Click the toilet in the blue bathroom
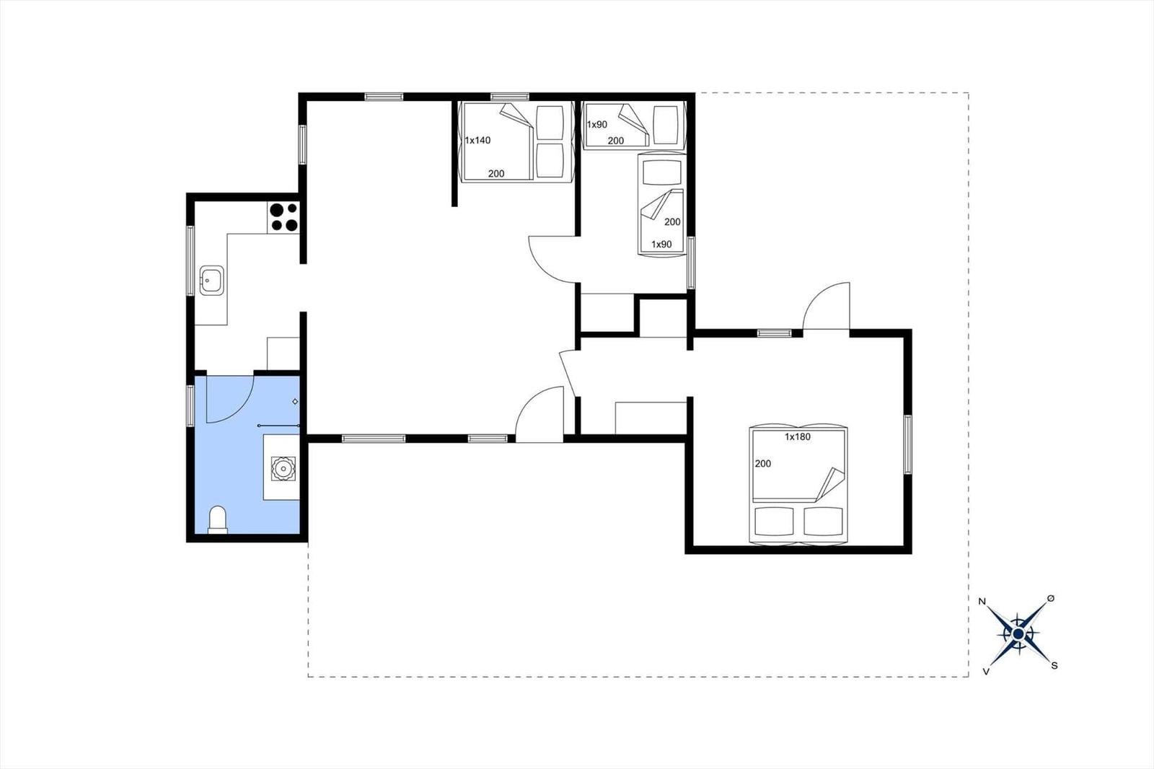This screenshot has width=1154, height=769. (x=218, y=519)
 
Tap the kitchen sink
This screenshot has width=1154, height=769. (x=212, y=281)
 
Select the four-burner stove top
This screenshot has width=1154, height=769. (x=283, y=217)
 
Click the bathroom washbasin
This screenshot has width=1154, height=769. (x=283, y=468)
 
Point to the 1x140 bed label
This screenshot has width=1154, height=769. (x=477, y=140)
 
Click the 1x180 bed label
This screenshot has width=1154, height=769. (x=798, y=436)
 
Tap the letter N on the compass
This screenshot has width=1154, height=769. (x=982, y=602)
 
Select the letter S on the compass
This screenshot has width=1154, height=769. (x=1054, y=665)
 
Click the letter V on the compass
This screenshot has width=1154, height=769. (x=986, y=672)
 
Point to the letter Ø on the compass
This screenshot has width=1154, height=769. (x=1051, y=599)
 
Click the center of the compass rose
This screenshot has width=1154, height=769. (x=1018, y=633)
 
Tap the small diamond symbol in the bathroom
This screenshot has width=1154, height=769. (x=295, y=402)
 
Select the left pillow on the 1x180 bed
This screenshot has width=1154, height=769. (x=773, y=522)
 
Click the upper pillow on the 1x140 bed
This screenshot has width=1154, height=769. (x=550, y=123)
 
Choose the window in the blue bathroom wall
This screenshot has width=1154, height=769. (x=190, y=406)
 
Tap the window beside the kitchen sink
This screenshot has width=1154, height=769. (x=190, y=261)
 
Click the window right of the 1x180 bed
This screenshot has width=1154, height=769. (x=908, y=444)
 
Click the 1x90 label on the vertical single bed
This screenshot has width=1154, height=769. (x=661, y=245)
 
